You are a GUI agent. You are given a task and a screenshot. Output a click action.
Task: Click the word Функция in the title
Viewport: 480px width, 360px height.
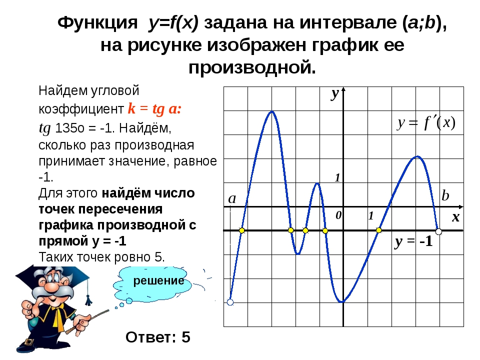point(97,22)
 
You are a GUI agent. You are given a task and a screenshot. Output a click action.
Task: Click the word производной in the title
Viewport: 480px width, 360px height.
point(252,67)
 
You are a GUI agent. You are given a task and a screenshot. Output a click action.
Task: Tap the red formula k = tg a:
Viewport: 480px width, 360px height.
point(154,108)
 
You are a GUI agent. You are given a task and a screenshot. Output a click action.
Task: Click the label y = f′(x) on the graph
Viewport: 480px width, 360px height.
point(426,123)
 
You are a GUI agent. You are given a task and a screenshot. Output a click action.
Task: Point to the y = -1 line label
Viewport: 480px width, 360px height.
point(413,241)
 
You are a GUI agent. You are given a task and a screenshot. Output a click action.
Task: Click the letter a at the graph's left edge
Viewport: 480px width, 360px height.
point(232,198)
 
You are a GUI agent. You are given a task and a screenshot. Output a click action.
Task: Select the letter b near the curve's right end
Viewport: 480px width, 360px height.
point(445,195)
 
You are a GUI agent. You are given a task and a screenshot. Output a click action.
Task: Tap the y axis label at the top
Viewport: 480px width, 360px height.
point(335,93)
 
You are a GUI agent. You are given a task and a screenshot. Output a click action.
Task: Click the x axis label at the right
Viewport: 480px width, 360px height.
point(456,217)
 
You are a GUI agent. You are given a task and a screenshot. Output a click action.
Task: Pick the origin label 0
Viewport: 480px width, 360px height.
point(338,215)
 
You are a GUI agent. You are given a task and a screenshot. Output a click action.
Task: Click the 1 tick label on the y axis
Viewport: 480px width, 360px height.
point(337,177)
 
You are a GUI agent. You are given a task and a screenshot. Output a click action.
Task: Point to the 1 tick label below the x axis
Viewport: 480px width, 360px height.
point(371,216)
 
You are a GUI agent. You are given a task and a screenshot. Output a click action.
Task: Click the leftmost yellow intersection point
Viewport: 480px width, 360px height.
point(242,230)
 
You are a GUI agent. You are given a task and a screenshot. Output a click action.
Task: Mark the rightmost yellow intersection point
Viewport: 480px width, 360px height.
point(378,230)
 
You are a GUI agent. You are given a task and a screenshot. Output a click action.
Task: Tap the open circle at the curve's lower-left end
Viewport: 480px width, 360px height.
point(230,302)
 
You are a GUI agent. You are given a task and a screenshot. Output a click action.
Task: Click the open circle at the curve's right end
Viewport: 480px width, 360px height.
point(438,231)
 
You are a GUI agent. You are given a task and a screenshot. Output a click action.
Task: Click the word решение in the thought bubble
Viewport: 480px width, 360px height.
point(158,280)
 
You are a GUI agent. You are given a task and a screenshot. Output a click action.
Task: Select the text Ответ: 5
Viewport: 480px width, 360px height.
point(158,337)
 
